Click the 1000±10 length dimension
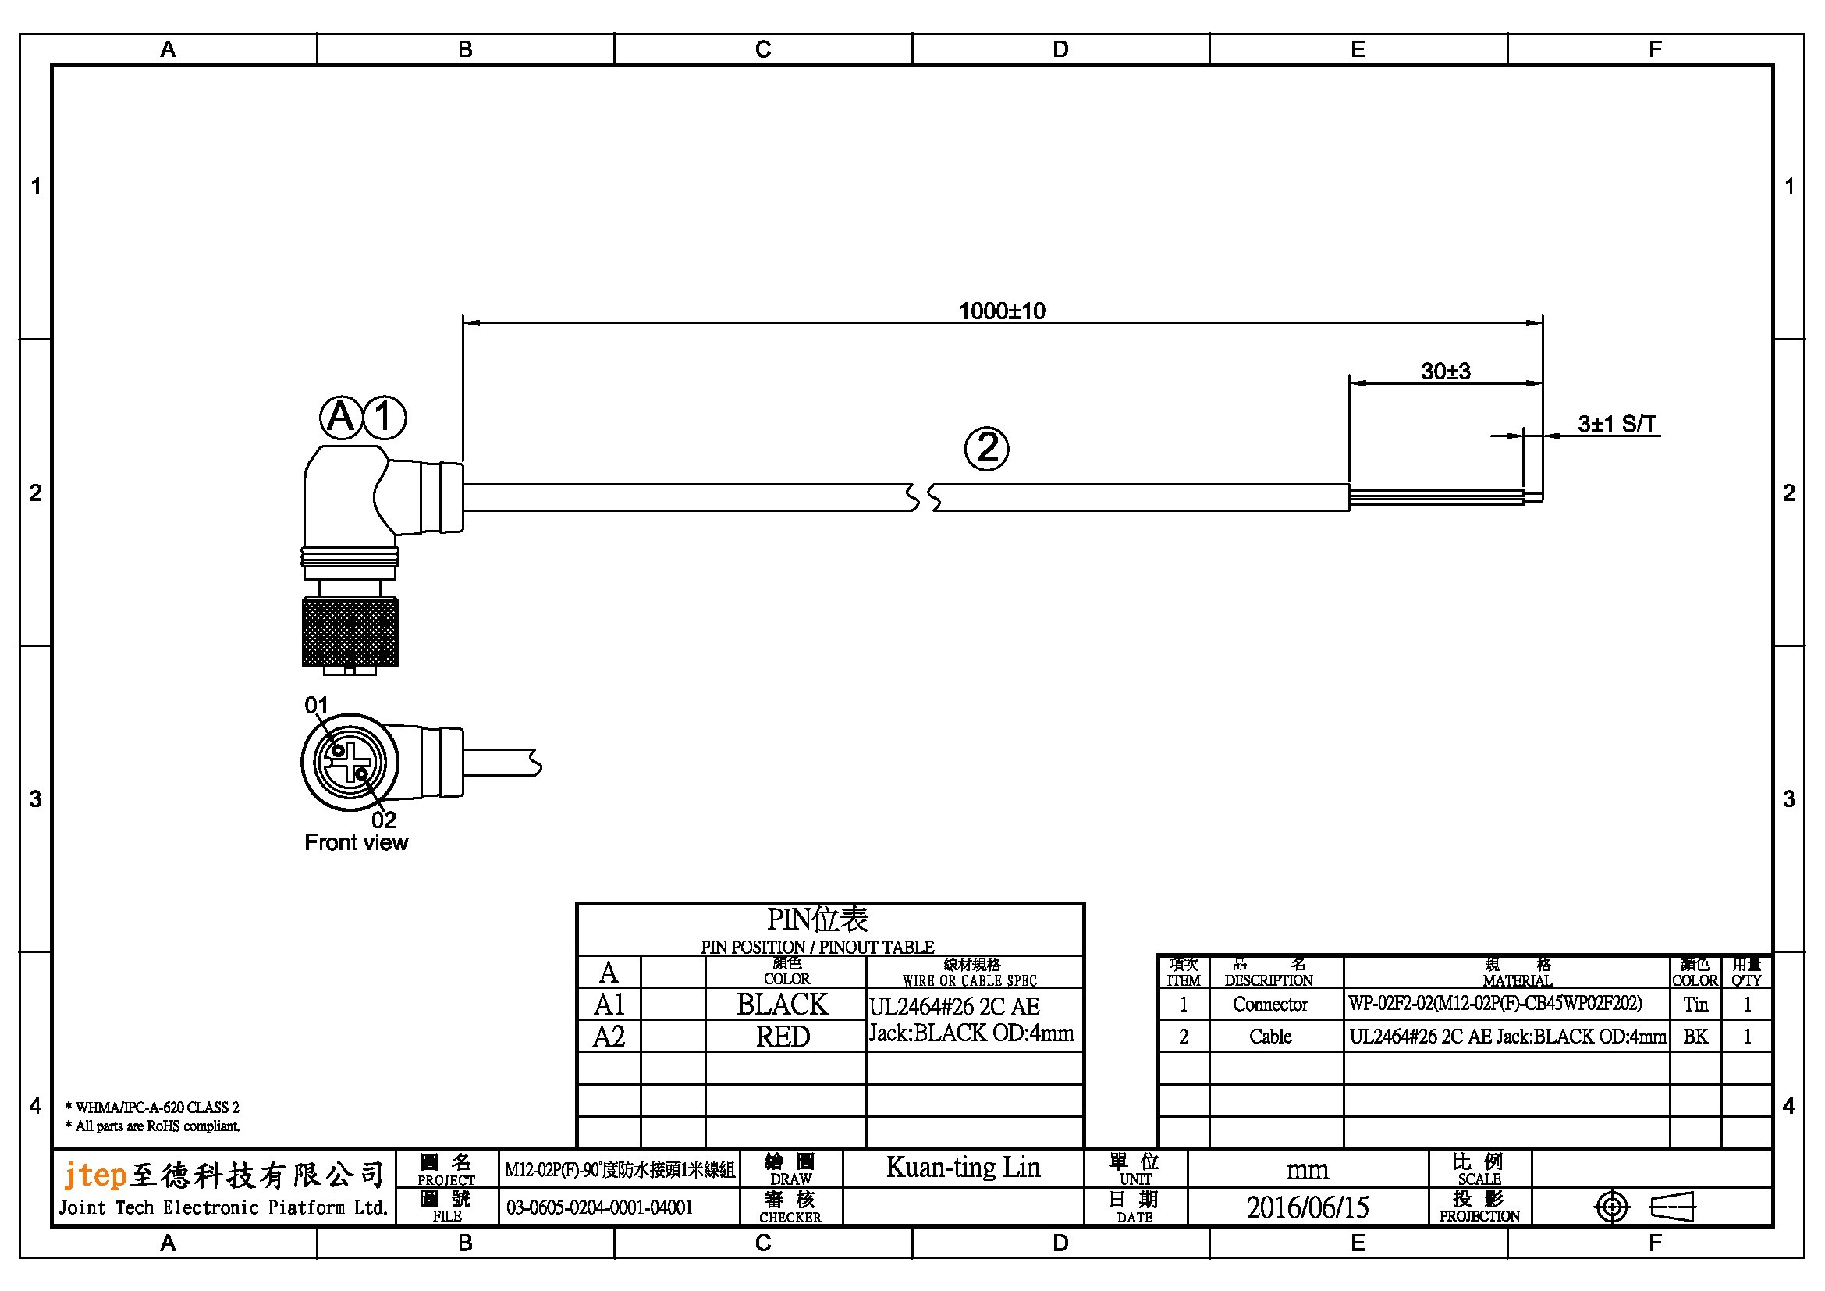(x=1002, y=311)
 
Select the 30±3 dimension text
(x=1446, y=372)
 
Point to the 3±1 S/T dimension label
(x=1617, y=424)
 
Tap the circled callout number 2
(x=986, y=448)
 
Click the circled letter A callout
(x=341, y=417)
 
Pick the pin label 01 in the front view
(x=316, y=705)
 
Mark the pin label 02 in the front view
(x=383, y=820)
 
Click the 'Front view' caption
(x=356, y=843)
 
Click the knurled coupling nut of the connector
(x=350, y=631)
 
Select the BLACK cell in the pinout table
(x=782, y=1005)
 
